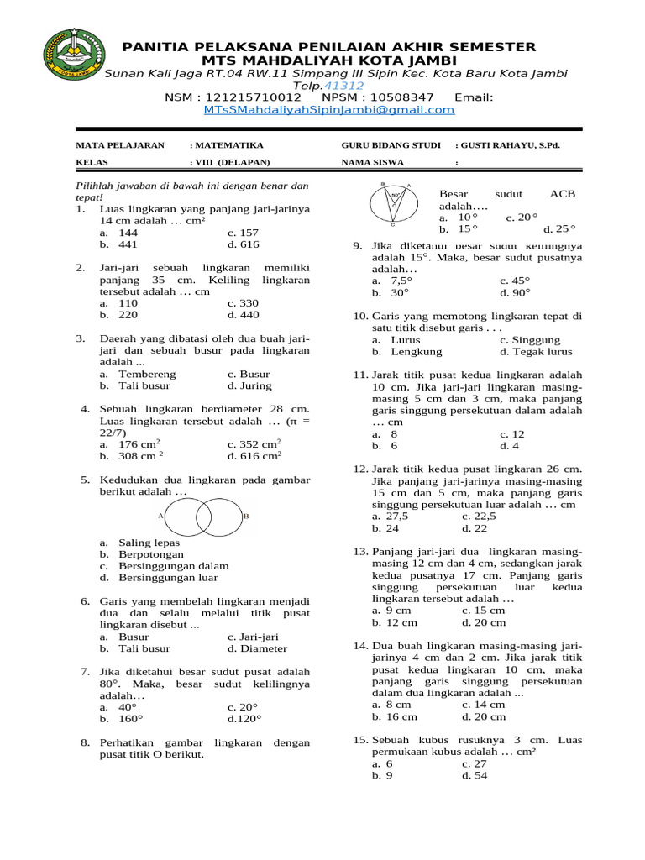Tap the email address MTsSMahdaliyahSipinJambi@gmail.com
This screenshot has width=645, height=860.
[x=328, y=109]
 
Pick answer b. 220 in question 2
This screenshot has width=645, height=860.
[x=118, y=315]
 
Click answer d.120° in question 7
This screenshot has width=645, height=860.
[x=244, y=719]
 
